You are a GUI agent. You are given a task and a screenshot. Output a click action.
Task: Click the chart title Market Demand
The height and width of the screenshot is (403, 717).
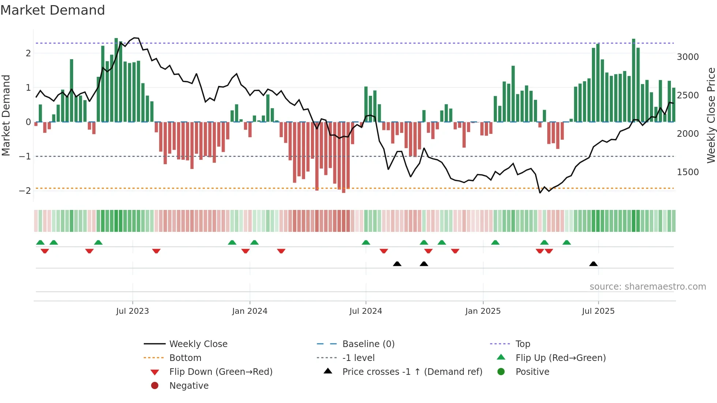[x=53, y=10]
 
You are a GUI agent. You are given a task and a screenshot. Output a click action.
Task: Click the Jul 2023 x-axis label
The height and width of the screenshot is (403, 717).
[x=132, y=311]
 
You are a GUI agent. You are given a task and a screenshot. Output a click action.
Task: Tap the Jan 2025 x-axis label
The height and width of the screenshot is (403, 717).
[x=483, y=311]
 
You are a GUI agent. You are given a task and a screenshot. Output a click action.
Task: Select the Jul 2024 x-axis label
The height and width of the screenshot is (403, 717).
[x=365, y=311]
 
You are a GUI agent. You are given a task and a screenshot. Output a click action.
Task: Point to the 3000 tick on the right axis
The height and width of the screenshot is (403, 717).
[x=688, y=57]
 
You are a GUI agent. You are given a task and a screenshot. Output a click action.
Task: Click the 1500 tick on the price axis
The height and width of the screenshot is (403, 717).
[x=688, y=172]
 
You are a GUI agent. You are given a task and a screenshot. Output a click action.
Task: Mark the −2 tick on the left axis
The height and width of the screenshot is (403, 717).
[x=25, y=191]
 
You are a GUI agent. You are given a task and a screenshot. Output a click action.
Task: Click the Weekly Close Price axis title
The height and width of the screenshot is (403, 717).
[x=711, y=115]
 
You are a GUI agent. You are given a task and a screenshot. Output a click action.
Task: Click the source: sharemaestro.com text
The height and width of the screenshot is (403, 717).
[x=647, y=286]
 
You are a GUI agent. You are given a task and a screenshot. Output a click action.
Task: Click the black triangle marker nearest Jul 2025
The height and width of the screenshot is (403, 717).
[x=593, y=264]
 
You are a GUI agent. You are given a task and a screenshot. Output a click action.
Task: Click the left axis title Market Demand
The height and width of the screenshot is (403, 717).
[x=6, y=115]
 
